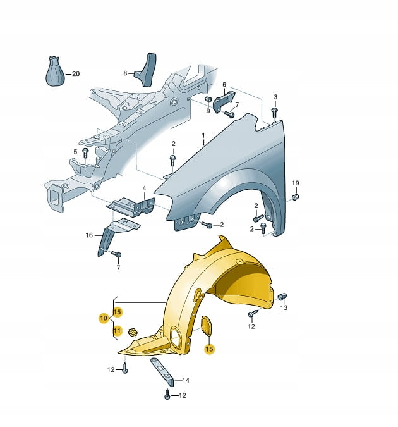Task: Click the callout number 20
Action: pos(76,74)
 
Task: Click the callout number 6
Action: pos(224,85)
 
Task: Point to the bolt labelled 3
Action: pos(274,113)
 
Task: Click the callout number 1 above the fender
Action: pos(203,135)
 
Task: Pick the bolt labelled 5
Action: pos(85,153)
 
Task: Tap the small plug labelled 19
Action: pos(295,196)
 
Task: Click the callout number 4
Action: pos(144,188)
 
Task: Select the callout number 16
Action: pos(89,235)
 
